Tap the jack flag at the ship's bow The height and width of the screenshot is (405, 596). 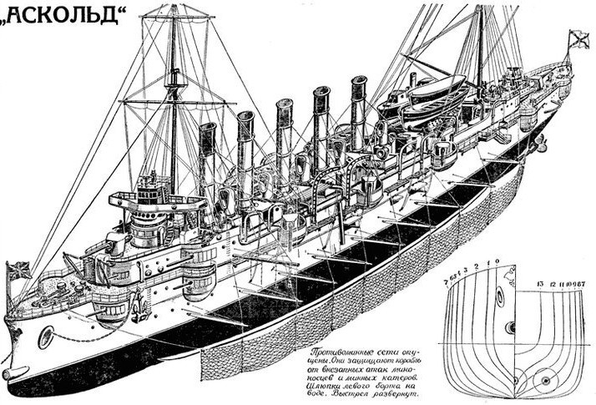(18, 271)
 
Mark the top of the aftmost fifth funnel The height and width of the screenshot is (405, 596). (359, 80)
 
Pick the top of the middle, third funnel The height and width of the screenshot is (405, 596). (284, 104)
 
